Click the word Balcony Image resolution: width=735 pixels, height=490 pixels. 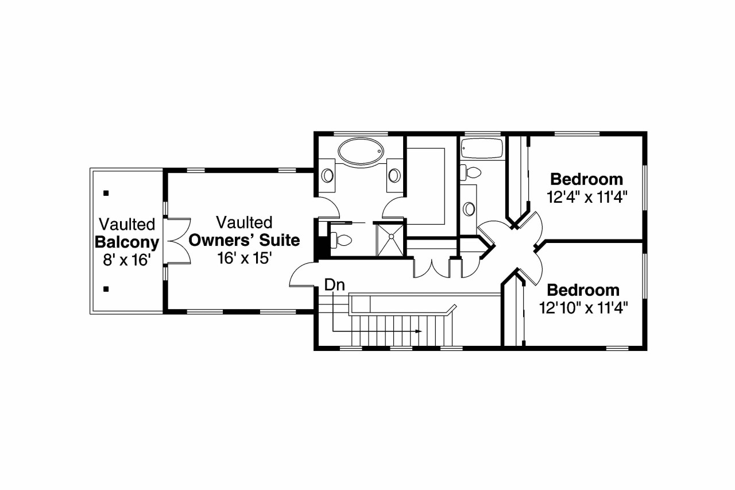pos(126,241)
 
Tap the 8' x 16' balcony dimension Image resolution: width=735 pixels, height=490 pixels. pos(126,260)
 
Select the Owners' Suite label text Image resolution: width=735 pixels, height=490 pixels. pos(244,240)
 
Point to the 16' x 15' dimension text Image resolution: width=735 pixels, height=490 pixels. pos(244,258)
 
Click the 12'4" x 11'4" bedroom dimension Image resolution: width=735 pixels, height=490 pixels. pos(586,197)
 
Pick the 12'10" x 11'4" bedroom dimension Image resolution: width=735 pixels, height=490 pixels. pos(583,308)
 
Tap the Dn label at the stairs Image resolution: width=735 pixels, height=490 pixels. pos(335,284)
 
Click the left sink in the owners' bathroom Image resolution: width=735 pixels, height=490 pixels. pos(327,175)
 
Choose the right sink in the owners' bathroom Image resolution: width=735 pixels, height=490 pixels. pos(394,175)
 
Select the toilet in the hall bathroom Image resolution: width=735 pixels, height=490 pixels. pos(470,172)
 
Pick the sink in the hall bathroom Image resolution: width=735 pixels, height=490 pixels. pos(469,209)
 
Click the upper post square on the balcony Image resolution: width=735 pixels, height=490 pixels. pos(106,193)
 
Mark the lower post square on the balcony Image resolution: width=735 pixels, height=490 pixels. pos(106,289)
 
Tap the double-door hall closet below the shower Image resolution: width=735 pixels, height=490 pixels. pos(431,267)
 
